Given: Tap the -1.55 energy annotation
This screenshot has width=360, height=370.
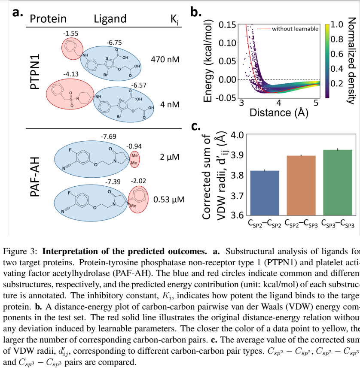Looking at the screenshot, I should coord(70,33).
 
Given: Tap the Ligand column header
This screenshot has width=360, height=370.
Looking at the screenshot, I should coord(110,18).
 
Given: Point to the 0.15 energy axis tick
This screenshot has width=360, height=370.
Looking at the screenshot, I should coord(227,24).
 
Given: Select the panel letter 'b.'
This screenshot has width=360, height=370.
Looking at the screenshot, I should coord(196,12).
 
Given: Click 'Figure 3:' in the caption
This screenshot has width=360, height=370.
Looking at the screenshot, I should coord(20,251).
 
